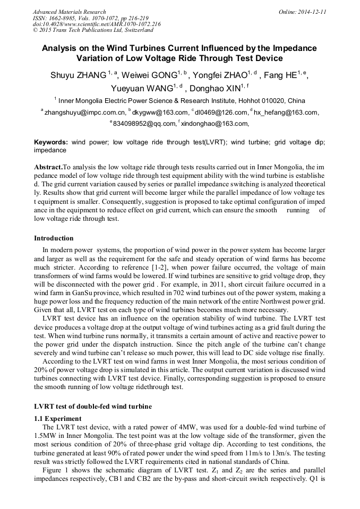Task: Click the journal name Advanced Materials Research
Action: click(69, 12)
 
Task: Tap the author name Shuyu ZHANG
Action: click(78, 75)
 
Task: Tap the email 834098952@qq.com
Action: click(144, 124)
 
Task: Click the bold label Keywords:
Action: click(51, 143)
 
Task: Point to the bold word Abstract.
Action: click(48, 166)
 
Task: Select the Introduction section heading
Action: click(54, 238)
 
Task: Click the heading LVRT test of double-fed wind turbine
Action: click(93, 407)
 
